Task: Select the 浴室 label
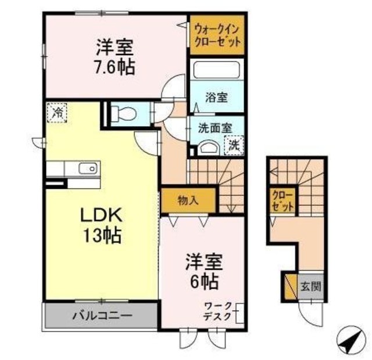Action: (x=217, y=98)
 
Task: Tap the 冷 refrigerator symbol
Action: (x=56, y=113)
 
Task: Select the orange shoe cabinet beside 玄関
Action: (x=289, y=286)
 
